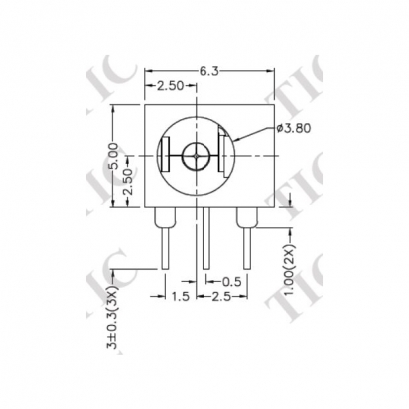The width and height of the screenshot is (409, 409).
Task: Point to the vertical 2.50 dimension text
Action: [127, 181]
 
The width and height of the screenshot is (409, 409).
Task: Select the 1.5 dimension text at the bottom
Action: [181, 297]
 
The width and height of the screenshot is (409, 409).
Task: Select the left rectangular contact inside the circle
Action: [166, 157]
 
